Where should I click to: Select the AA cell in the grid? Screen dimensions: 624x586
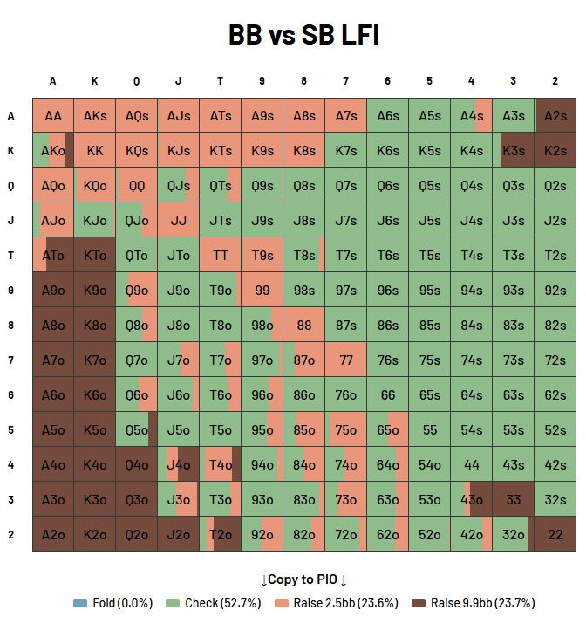tap(53, 115)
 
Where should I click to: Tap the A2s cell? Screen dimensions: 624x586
tap(555, 115)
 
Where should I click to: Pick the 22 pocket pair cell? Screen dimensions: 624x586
tap(555, 534)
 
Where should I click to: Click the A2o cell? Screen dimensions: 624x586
tap(53, 534)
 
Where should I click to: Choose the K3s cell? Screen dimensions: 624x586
tap(514, 150)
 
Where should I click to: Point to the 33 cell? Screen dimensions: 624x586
tap(514, 499)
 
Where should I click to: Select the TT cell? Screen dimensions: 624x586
tap(221, 255)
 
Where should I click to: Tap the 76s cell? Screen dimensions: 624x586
tap(388, 360)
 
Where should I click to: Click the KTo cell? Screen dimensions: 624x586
tap(95, 255)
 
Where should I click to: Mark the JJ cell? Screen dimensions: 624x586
tap(179, 220)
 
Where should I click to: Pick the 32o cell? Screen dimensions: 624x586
tap(514, 534)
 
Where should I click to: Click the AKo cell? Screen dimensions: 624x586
tap(53, 150)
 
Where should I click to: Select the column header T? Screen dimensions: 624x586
tap(221, 81)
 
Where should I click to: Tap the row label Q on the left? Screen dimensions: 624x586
tap(11, 185)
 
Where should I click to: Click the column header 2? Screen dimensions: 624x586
tap(555, 81)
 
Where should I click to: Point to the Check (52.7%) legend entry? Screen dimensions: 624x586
tap(214, 603)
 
